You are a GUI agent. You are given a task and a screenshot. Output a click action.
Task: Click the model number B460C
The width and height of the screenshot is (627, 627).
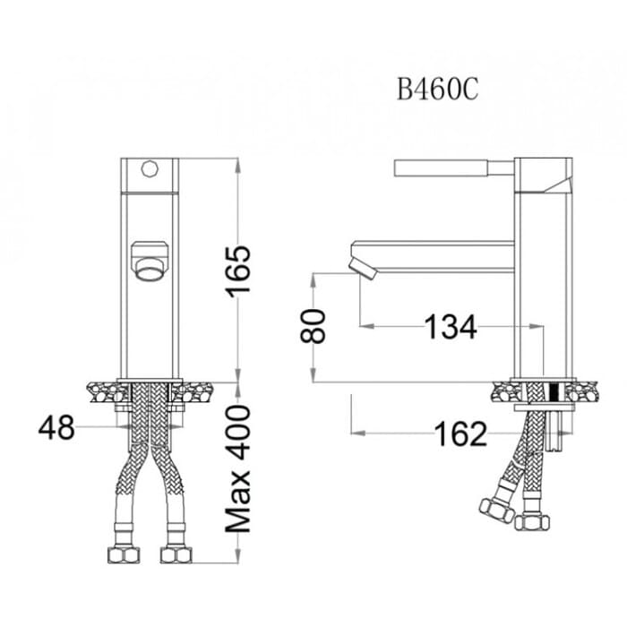pyautogui.click(x=437, y=90)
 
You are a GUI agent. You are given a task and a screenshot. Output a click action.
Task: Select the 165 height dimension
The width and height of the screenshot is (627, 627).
pyautogui.click(x=238, y=271)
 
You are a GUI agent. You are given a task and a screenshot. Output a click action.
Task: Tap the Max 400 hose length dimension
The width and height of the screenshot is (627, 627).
pyautogui.click(x=238, y=468)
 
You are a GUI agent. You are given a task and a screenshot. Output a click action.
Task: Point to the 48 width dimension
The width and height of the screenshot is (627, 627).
pyautogui.click(x=56, y=427)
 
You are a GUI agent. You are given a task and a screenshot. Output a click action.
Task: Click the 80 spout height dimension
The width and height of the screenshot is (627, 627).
pyautogui.click(x=313, y=326)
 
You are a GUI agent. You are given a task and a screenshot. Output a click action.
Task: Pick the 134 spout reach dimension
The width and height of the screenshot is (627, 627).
pyautogui.click(x=451, y=327)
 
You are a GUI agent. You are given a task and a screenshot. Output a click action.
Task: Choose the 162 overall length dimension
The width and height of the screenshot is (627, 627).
pyautogui.click(x=460, y=434)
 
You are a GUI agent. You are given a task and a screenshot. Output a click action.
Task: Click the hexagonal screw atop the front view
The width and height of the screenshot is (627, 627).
pyautogui.click(x=150, y=168)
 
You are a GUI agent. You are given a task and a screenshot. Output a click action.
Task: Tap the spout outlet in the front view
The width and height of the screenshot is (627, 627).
pyautogui.click(x=150, y=270)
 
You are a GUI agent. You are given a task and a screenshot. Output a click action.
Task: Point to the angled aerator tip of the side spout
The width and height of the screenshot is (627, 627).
pyautogui.click(x=363, y=269)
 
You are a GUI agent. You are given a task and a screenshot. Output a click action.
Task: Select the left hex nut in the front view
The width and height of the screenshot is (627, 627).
pyautogui.click(x=124, y=555)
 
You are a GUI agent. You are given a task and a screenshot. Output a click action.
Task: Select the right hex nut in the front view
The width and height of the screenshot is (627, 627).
pyautogui.click(x=176, y=555)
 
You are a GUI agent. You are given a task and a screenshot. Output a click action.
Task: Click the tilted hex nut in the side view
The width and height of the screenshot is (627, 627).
pyautogui.click(x=496, y=511)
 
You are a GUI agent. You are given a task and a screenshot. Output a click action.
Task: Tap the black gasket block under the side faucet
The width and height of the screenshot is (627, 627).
pyautogui.click(x=554, y=392)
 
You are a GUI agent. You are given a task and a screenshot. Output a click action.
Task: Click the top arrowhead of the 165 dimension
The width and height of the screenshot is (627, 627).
pyautogui.click(x=238, y=166)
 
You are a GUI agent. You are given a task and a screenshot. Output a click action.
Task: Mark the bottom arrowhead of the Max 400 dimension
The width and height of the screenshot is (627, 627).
pyautogui.click(x=238, y=556)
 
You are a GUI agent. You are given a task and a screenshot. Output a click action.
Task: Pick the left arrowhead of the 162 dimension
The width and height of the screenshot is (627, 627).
pyautogui.click(x=358, y=433)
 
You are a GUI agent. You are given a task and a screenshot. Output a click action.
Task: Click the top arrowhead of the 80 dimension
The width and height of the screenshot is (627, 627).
pyautogui.click(x=313, y=280)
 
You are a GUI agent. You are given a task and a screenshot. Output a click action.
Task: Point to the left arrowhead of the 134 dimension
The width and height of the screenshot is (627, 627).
pyautogui.click(x=366, y=326)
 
